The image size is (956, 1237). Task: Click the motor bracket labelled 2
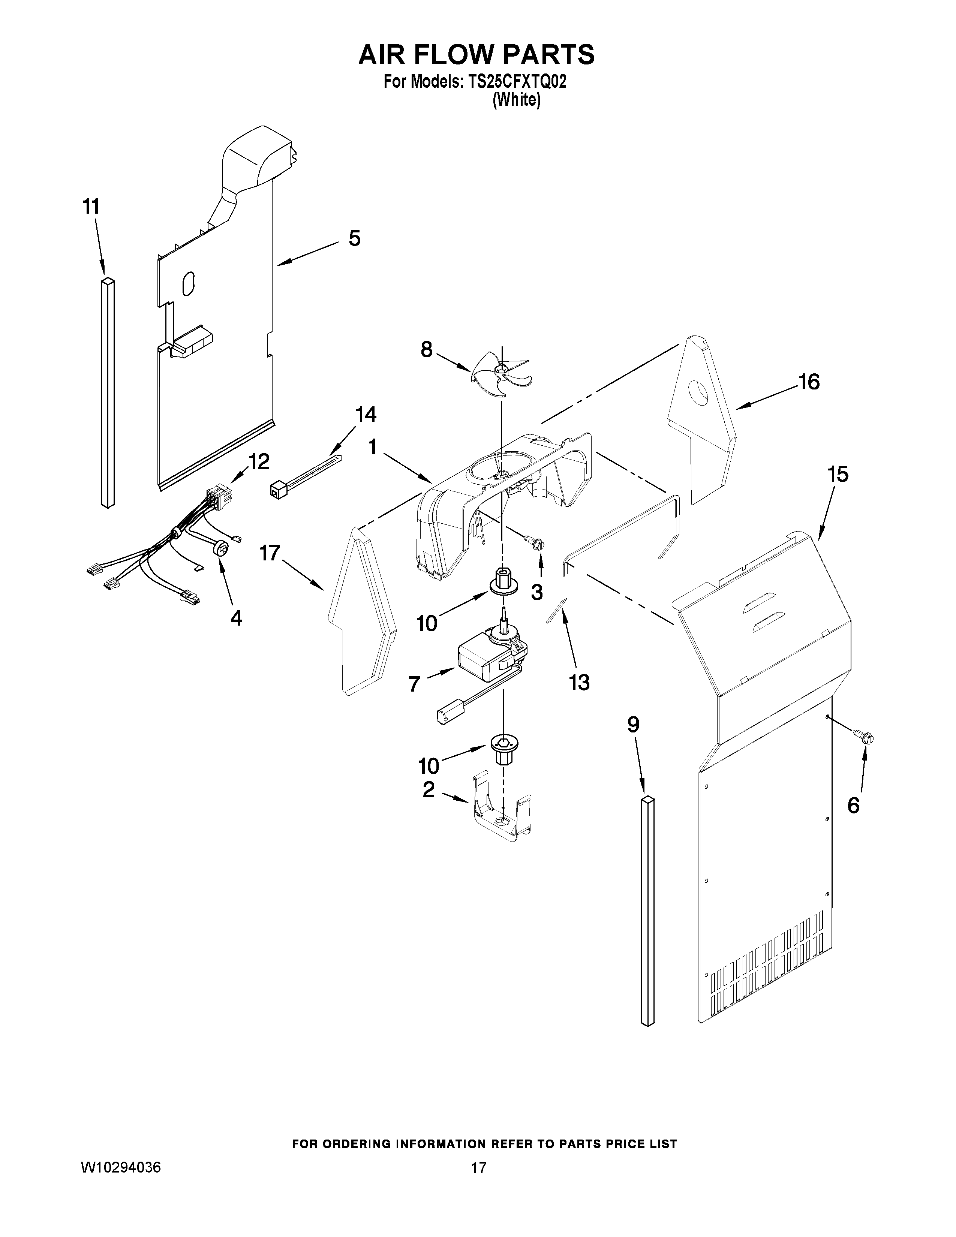pyautogui.click(x=498, y=811)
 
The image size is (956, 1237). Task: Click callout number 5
pyautogui.click(x=354, y=238)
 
